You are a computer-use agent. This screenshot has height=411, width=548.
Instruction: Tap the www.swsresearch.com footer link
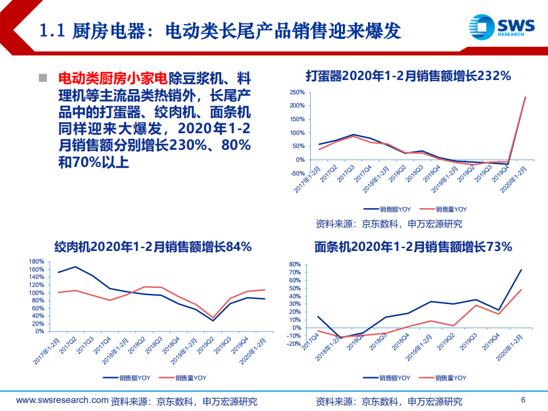62,400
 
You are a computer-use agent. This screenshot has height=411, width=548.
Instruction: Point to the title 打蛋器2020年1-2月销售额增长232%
408,75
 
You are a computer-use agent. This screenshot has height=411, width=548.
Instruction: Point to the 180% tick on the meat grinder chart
37,261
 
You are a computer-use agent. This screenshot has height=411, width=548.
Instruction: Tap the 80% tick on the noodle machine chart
295,265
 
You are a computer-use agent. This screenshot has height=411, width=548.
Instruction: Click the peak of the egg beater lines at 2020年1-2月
525,97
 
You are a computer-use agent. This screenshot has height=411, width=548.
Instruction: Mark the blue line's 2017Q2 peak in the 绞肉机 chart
75,267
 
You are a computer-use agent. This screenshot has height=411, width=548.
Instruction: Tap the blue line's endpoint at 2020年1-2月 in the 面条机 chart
521,270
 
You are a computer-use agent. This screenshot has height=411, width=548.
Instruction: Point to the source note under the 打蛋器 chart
389,224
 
